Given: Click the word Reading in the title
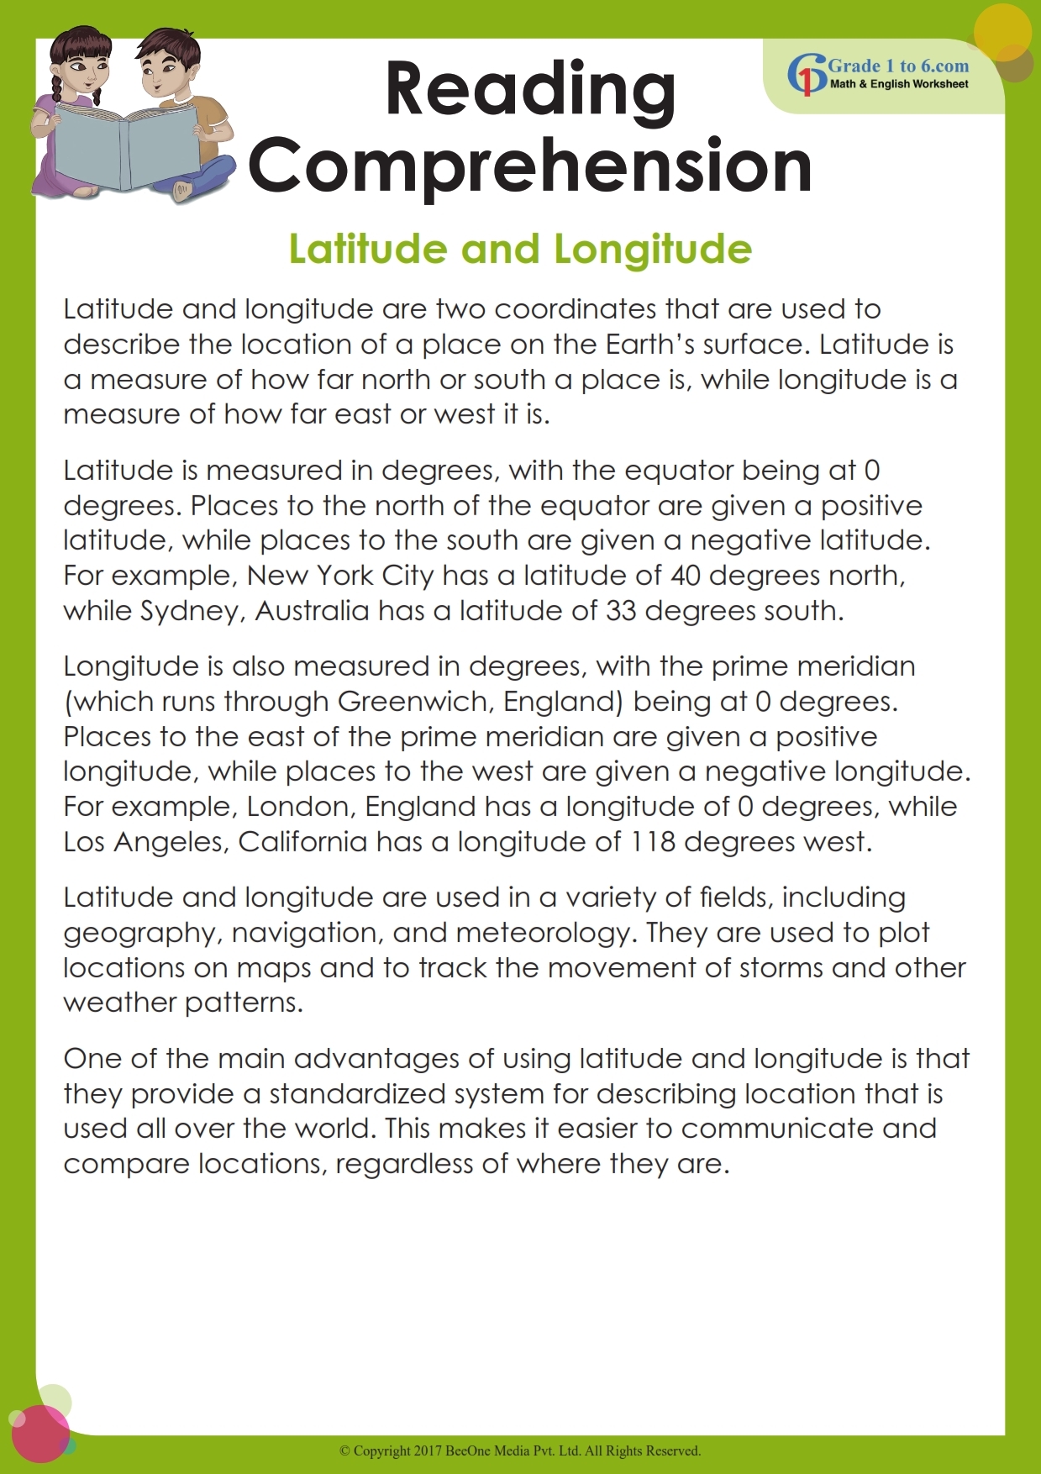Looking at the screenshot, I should tap(530, 91).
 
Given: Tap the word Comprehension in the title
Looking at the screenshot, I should tap(530, 166).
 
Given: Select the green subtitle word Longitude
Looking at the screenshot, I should tap(653, 250).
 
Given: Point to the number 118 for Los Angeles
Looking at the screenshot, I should tap(653, 842).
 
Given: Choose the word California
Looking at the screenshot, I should tap(302, 842).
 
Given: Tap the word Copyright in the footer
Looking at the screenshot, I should tap(381, 1450).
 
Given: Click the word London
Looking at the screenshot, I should tap(301, 807).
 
